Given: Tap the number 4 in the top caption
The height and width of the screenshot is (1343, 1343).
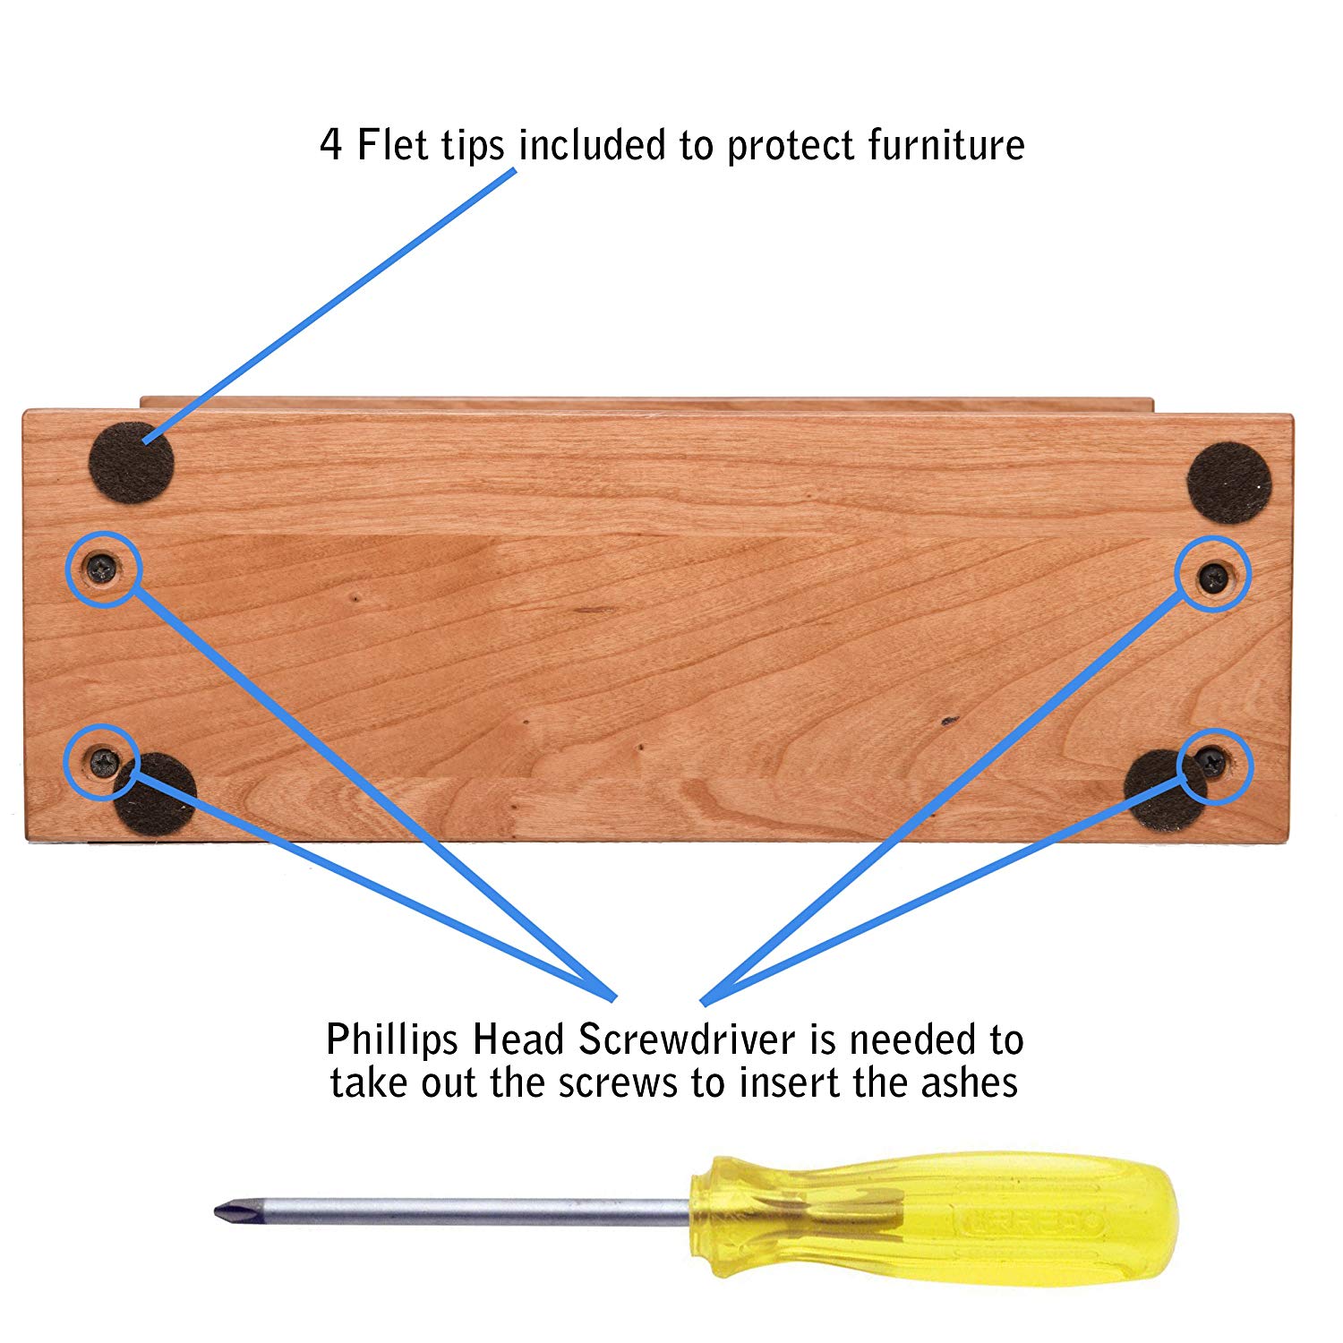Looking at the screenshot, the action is pos(331,145).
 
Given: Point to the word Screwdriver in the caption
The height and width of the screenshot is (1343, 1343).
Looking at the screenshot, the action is pos(687,1039).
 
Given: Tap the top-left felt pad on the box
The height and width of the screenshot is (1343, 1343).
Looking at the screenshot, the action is pos(132,463).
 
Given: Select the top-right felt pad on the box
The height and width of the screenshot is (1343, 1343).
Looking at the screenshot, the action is pos(1229,483).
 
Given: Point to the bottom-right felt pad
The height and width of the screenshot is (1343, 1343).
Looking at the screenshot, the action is pos(1164,791).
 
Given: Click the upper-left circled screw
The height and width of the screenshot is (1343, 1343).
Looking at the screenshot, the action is pos(103,567).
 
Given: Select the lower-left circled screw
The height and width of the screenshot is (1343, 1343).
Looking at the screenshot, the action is pos(103,762).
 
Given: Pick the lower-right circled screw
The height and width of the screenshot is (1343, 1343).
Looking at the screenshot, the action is pos(1211,762).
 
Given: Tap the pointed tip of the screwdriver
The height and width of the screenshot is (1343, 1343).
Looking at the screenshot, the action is pos(216,1211).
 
